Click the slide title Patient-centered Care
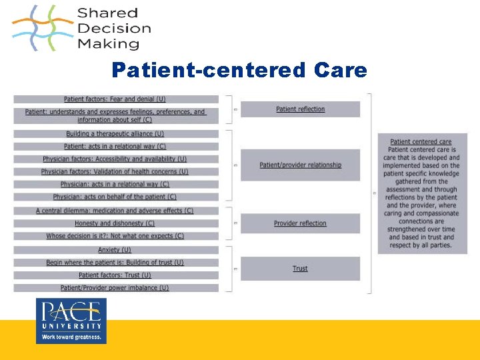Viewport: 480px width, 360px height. click(239, 70)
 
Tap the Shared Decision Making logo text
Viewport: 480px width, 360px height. click(113, 29)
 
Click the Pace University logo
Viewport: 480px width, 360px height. click(71, 321)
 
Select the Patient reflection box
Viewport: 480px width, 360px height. click(300, 109)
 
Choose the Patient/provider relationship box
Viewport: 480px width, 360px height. click(300, 165)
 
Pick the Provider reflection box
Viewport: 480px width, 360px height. click(300, 223)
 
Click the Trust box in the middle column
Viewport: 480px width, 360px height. click(300, 269)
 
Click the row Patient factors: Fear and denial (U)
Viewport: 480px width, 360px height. click(115, 99)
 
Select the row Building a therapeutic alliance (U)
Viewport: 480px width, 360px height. click(115, 134)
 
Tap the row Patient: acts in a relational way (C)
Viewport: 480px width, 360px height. click(115, 147)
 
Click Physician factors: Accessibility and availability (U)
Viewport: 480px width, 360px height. click(115, 159)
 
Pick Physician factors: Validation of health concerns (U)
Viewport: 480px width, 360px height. click(115, 172)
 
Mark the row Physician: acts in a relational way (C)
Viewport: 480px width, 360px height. click(115, 185)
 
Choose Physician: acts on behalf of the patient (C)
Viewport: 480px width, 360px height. click(115, 197)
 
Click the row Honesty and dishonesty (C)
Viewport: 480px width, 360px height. click(115, 223)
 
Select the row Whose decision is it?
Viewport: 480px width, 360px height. click(115, 236)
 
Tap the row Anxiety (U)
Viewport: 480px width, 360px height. click(115, 250)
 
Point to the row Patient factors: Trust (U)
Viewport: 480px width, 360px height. click(115, 275)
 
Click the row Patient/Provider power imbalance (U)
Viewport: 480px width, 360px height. click(115, 288)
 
